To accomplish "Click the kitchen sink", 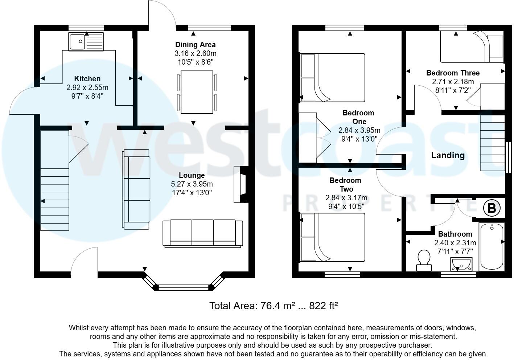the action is coord(86,42).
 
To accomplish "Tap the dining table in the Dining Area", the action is coord(197,92).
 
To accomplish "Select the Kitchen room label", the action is coord(87,79).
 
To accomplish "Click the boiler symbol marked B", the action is coord(492,208).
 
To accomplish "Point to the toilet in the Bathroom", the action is coord(424,261).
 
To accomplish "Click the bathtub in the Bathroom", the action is coord(492,246).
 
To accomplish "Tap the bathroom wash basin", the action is coord(461,264).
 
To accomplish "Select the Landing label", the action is coord(448,155).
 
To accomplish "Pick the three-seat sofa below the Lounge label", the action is coord(203,233).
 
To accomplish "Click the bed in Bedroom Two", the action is coord(333,237).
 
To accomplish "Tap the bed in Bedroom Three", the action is coord(472,47).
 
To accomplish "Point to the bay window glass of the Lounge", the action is coord(184,288).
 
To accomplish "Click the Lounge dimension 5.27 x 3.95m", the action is coord(192,184).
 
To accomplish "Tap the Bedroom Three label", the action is coord(453,73).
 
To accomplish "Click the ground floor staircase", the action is coord(55,180).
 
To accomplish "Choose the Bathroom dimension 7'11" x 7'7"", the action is coord(455,251).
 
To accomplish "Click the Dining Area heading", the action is coord(196,45).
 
